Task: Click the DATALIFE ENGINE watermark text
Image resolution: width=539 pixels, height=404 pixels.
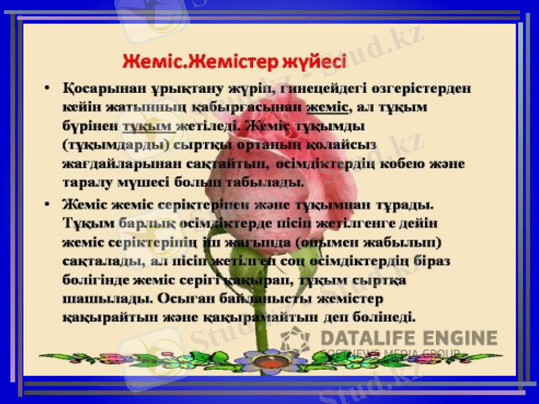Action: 408,337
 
